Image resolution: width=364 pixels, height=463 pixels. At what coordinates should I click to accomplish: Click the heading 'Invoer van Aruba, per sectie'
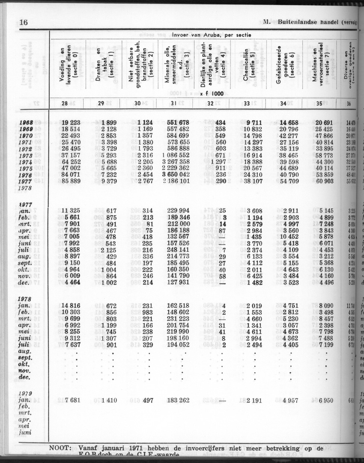pyautogui.click(x=212, y=35)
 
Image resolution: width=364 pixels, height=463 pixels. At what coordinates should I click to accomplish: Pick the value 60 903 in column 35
pyautogui.click(x=328, y=182)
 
